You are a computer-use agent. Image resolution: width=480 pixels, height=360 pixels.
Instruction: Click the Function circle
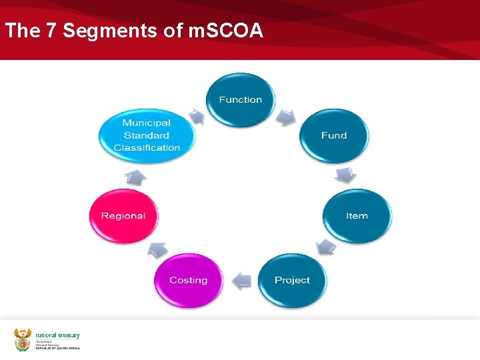[x=241, y=100]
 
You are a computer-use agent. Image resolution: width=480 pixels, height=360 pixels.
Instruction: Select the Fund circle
[x=334, y=136]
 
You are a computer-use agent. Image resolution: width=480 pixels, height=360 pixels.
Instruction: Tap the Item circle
[x=357, y=216]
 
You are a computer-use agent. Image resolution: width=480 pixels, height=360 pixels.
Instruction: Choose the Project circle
[x=292, y=280]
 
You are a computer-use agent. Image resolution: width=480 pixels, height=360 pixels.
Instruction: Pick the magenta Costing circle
[x=189, y=280]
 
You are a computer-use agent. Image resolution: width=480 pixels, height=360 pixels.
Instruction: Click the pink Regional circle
[x=123, y=216]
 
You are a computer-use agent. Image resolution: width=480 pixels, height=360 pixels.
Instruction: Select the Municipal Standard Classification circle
[x=147, y=135]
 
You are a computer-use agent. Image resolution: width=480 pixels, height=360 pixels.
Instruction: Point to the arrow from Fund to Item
[x=346, y=175]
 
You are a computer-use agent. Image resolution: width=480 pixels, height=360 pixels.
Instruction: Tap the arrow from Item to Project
[x=326, y=247]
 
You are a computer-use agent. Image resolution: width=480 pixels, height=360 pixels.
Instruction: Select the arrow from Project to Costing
[x=241, y=280]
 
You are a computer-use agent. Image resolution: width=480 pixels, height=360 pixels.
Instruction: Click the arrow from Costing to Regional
[x=157, y=249]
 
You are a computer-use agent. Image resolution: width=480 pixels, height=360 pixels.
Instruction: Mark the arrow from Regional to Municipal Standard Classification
[x=135, y=177]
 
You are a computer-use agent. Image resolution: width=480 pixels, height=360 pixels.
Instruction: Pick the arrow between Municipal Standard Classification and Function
[x=197, y=117]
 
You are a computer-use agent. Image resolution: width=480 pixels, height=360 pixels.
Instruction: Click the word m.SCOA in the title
[x=226, y=31]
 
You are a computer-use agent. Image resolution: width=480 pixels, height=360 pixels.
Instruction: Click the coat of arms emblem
[x=23, y=339]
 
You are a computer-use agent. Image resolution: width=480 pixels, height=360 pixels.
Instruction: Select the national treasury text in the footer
[x=57, y=335]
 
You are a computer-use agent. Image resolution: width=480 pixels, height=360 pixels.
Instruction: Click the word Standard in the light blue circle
[x=147, y=135]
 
